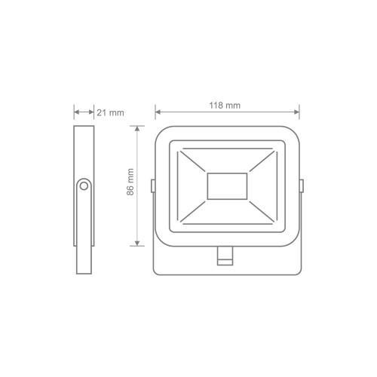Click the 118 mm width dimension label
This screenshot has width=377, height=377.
tap(226, 106)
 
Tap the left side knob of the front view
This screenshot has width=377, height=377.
tap(152, 185)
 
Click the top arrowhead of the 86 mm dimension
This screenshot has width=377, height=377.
tap(137, 130)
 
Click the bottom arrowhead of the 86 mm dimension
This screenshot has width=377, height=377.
tap(137, 242)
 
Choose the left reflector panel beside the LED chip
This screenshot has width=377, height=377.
tap(192, 186)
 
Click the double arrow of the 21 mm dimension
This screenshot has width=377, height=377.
tap(84, 112)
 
